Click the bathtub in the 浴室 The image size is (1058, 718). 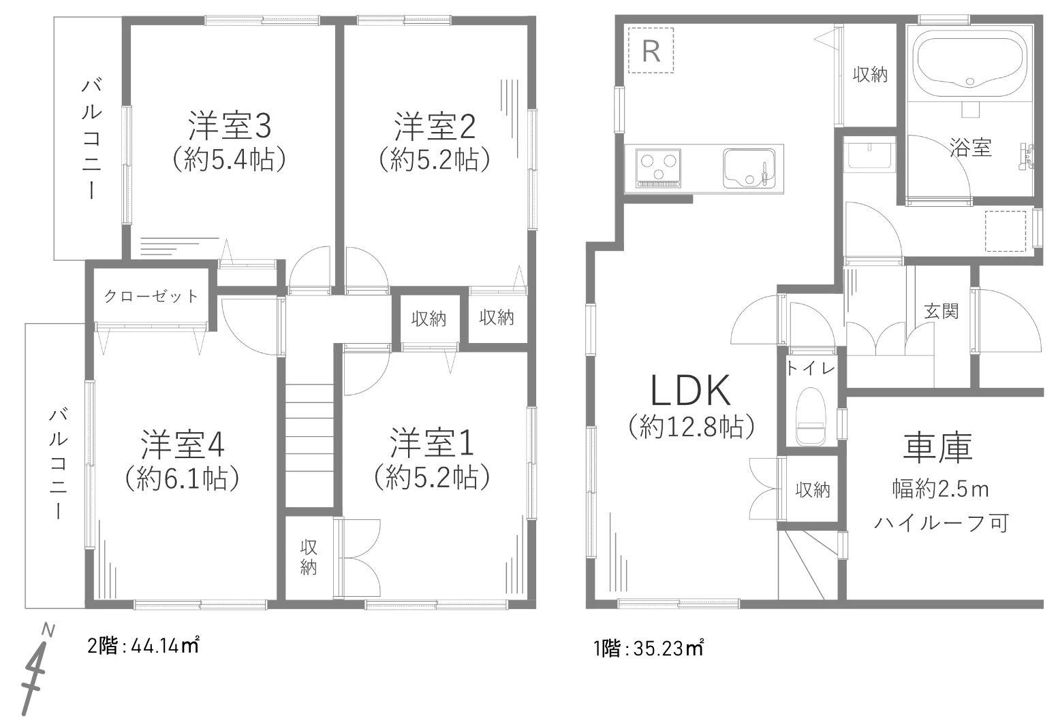click(x=970, y=65)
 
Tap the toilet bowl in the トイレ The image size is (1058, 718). click(x=811, y=416)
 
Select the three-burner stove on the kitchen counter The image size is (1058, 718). click(x=659, y=168)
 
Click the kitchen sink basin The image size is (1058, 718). click(x=748, y=168)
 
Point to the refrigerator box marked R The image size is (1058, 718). click(x=651, y=50)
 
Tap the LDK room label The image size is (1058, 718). click(x=691, y=391)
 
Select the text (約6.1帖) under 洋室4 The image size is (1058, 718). click(x=183, y=478)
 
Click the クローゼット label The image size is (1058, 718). click(x=151, y=296)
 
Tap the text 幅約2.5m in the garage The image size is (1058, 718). click(x=940, y=489)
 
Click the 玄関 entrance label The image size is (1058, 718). click(x=942, y=311)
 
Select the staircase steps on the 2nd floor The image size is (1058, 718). click(x=309, y=445)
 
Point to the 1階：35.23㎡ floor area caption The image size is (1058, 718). click(x=649, y=649)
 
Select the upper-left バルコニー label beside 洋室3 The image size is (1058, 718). click(x=91, y=139)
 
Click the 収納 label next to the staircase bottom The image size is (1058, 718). click(x=309, y=557)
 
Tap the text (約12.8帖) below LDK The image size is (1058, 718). click(x=691, y=427)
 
